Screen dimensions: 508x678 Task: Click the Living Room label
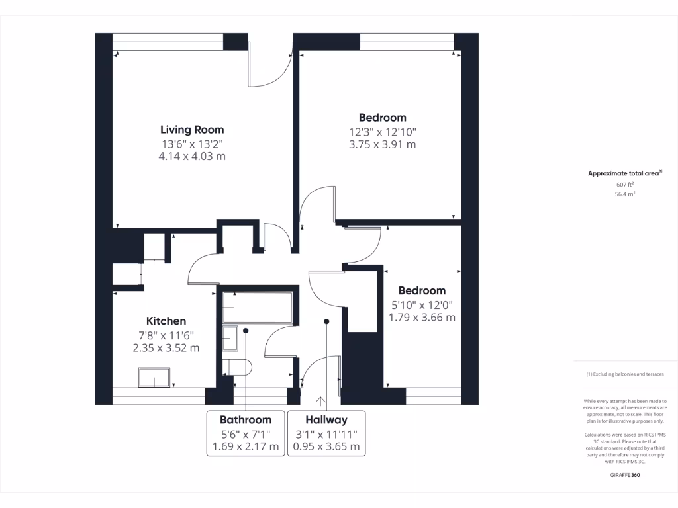(x=192, y=130)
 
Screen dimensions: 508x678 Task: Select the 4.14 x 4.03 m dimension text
(x=192, y=157)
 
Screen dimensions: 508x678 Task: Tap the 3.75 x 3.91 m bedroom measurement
(x=382, y=144)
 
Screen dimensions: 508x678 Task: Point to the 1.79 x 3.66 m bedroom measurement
(x=422, y=317)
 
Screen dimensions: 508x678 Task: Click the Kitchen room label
(x=166, y=321)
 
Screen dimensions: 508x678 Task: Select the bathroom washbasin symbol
(x=230, y=338)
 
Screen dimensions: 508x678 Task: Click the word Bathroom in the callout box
(x=246, y=420)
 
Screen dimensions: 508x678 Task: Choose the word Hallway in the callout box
(x=326, y=420)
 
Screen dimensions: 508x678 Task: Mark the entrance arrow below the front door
(x=322, y=401)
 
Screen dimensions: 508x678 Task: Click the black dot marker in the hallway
(x=326, y=322)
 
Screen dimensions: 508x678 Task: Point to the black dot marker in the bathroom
(x=246, y=329)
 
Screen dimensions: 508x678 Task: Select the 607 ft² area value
(x=625, y=185)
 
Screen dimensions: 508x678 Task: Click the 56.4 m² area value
(x=625, y=195)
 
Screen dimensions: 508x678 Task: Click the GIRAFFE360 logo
(x=625, y=475)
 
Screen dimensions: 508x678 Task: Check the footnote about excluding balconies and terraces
(x=625, y=374)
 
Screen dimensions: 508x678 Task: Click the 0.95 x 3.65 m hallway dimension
(x=326, y=446)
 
